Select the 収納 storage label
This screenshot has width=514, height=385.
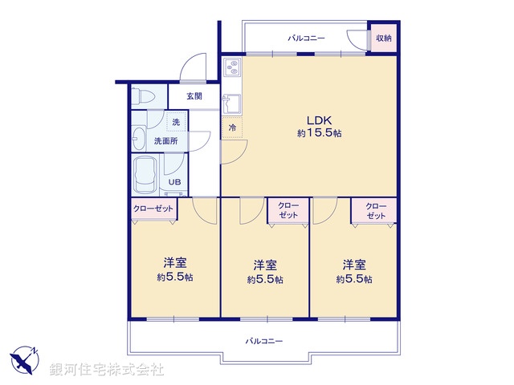[384, 38]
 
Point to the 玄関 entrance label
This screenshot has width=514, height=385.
[194, 96]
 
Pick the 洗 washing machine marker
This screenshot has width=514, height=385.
[175, 122]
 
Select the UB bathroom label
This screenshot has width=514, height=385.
[173, 182]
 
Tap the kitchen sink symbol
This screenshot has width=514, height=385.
[232, 102]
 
